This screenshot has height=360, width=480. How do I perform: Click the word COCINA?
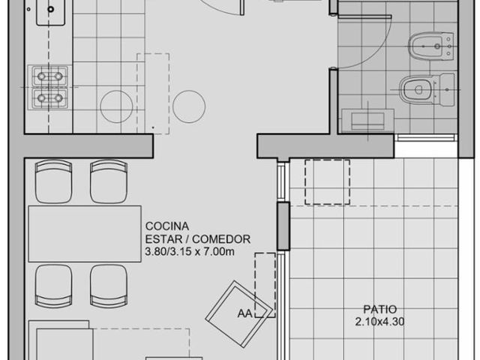(167, 226)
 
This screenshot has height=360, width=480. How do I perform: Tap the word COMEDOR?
(221, 239)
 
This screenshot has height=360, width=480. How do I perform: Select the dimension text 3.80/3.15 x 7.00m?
(190, 252)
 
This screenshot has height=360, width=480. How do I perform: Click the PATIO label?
(380, 309)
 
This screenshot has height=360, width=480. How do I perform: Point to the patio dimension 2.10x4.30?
(380, 322)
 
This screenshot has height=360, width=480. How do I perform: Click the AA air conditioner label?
(245, 313)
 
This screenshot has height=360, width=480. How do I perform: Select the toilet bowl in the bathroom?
(416, 90)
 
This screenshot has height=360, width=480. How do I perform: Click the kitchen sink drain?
(51, 9)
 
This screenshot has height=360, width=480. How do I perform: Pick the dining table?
(85, 234)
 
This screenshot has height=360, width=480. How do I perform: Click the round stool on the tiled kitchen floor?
(116, 106)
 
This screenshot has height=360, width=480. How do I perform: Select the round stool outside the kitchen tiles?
(189, 106)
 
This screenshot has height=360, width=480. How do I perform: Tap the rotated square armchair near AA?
(238, 314)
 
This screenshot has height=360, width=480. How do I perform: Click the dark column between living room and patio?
(283, 226)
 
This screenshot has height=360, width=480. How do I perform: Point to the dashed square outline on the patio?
(327, 181)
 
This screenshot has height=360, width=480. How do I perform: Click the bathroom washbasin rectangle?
(367, 121)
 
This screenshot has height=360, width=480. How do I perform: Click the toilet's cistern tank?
(447, 90)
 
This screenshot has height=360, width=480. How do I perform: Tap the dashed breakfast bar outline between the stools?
(153, 94)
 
